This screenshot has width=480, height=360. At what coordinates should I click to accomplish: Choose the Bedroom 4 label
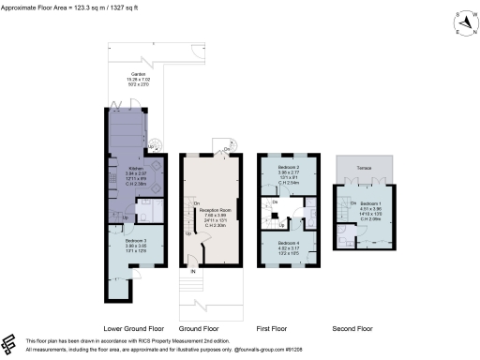point(286,242)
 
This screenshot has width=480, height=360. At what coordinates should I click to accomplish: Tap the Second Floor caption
point(353,329)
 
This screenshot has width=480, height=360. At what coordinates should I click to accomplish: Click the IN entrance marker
point(194,271)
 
